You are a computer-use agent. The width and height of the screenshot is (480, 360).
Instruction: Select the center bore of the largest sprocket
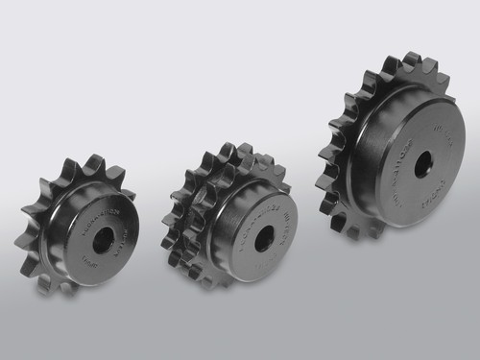(423, 162)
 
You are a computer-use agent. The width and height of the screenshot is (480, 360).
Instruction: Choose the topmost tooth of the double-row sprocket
(230, 150)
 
